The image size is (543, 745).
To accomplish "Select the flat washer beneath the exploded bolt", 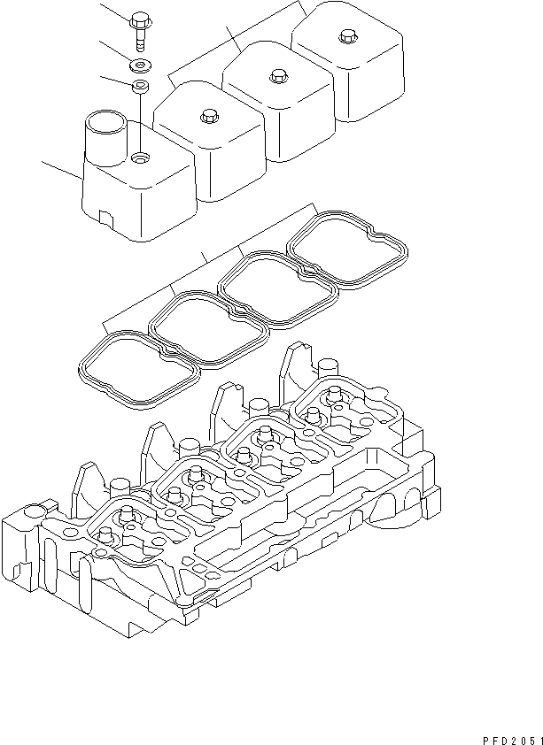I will coord(140,65).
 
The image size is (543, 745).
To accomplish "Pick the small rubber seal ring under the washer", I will coord(140,87).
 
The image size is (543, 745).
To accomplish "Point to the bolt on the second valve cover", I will coord(209,114).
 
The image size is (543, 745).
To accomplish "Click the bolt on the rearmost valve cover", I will coord(345,38).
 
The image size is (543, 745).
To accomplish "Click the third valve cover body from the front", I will coord(279,102).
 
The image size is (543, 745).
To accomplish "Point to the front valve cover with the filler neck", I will coord(142,190).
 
